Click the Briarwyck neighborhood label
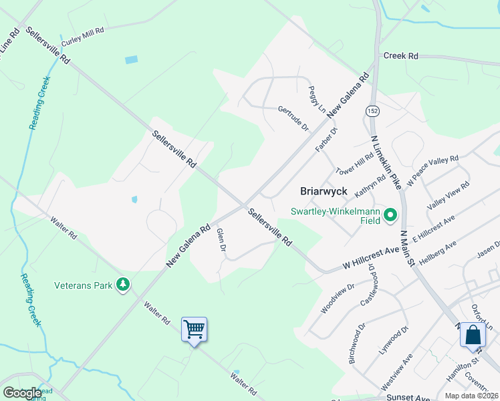tap(324, 191)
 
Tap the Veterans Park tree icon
tap(122, 285)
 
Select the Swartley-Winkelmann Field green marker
tap(390, 215)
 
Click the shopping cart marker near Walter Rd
tap(194, 329)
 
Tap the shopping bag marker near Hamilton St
tap(473, 334)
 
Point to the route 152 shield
tap(372, 110)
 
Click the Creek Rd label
tap(400, 56)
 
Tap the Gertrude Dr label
tap(293, 117)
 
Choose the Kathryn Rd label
tap(370, 185)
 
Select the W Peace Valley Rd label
tap(432, 170)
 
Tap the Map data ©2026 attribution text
tap(472, 396)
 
